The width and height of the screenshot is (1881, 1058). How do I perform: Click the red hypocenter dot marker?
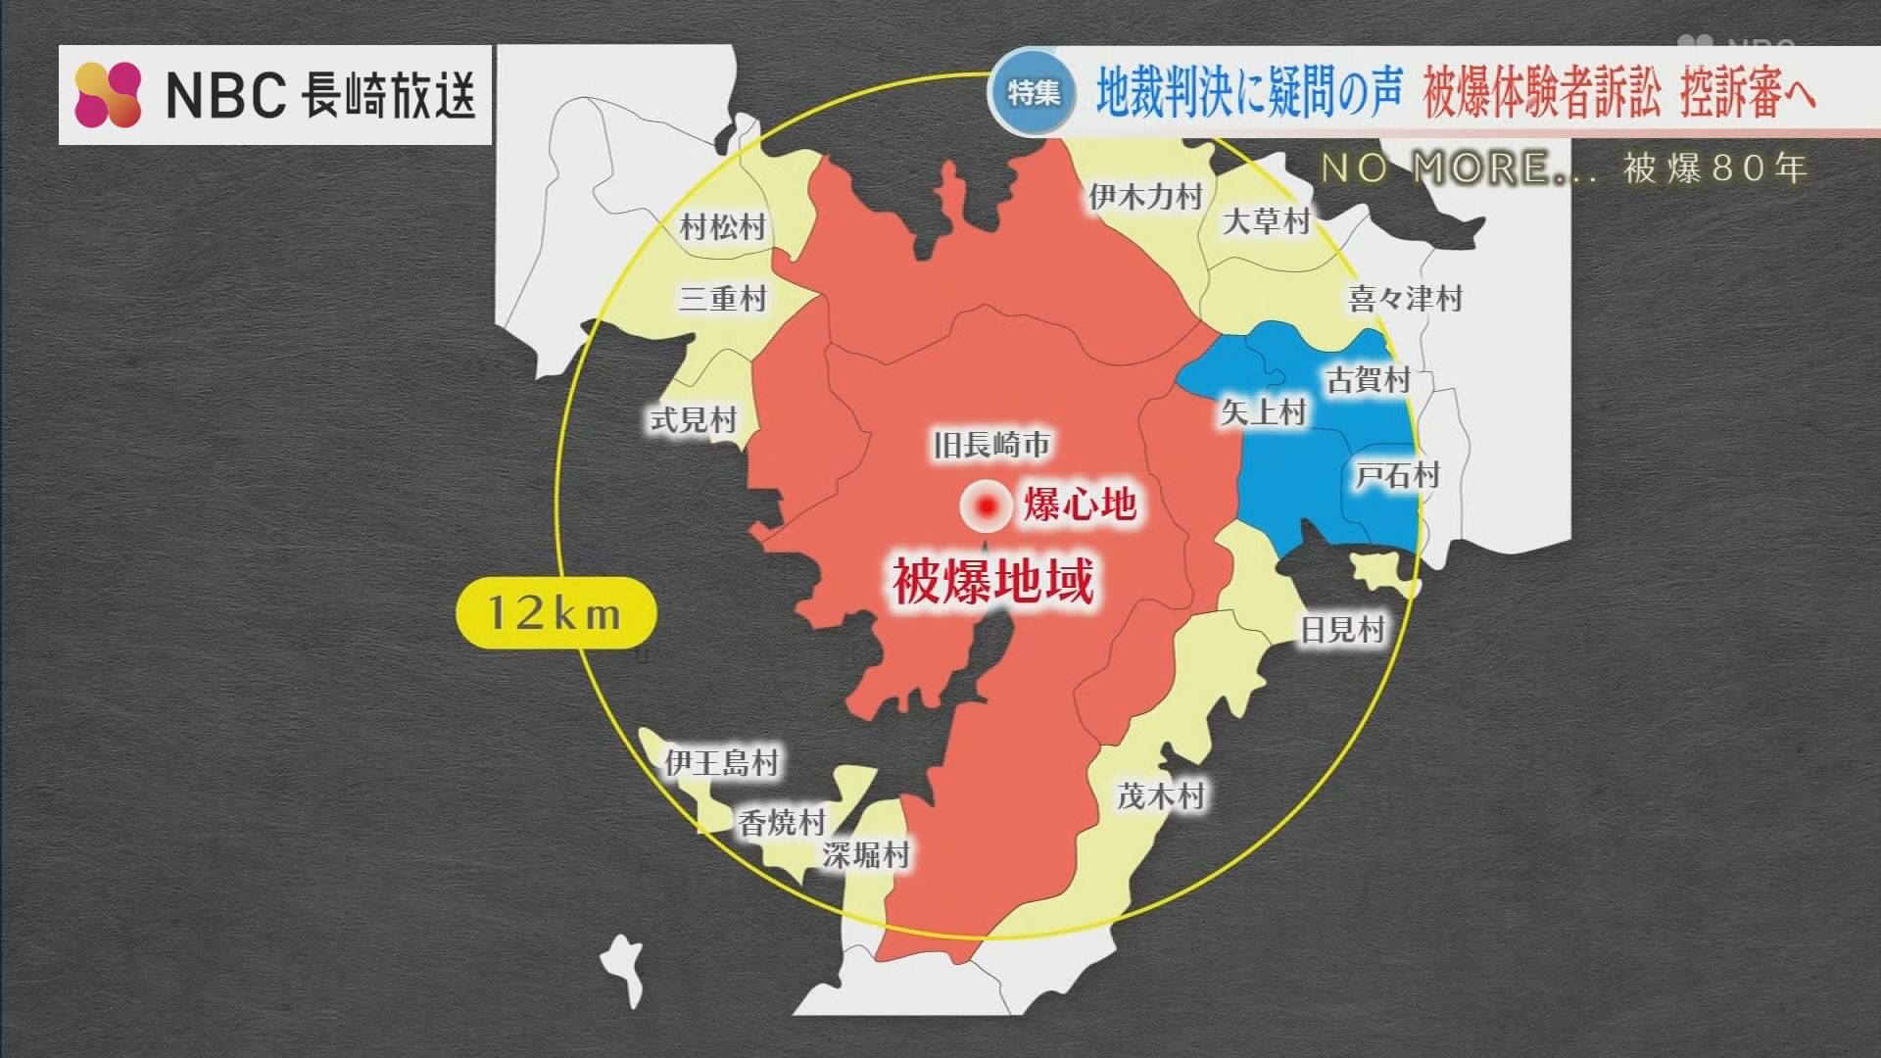987,506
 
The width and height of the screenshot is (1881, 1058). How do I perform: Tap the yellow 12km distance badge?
555,613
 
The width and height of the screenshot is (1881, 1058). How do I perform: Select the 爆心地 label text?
1080,505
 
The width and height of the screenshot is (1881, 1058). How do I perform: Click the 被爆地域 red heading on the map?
992,581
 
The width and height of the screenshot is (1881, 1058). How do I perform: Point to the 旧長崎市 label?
991,446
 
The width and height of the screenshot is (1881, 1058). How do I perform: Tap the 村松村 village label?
723,227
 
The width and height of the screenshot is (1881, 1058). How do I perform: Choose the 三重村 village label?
723,298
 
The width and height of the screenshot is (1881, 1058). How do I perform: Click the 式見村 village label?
694,420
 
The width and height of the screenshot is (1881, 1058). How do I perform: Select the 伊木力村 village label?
1145,197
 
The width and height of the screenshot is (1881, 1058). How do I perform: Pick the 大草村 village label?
1266,221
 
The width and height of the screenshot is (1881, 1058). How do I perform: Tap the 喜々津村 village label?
1405,298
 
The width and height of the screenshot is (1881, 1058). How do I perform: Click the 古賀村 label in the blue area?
1368,379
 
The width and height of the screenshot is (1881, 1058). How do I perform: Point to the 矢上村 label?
1264,412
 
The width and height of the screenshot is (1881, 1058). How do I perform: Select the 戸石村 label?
1397,476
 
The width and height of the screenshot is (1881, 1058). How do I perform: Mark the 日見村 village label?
1342,630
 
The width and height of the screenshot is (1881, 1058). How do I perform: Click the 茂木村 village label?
1161,795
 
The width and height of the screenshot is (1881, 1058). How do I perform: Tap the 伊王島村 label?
722,762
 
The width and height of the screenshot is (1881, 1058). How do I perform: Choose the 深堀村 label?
866,854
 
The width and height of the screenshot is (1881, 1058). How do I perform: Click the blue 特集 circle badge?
1033,93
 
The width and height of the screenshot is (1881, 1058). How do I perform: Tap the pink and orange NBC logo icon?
108,94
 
